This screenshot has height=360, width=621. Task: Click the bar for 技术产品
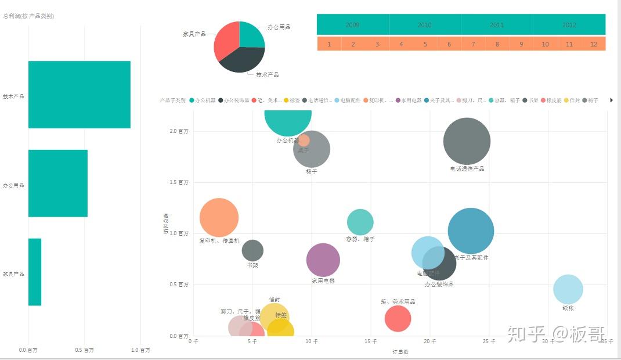click(x=79, y=95)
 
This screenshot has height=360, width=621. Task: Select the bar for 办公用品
click(x=57, y=183)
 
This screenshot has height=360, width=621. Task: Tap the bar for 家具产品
click(x=35, y=272)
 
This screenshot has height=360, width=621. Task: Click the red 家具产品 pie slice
click(x=226, y=41)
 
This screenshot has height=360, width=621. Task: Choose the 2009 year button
click(x=352, y=25)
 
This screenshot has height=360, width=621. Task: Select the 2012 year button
click(x=569, y=25)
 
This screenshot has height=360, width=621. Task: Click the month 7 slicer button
click(x=473, y=44)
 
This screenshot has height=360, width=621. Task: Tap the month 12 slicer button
click(x=593, y=44)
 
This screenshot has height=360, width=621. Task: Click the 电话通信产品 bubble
click(x=467, y=141)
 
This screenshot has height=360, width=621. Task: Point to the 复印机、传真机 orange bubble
click(x=219, y=218)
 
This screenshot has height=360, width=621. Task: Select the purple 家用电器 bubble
click(x=323, y=260)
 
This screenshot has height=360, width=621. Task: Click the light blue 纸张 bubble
click(x=568, y=289)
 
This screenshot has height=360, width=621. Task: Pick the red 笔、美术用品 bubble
click(x=398, y=318)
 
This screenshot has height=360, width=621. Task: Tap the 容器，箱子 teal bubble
click(x=360, y=222)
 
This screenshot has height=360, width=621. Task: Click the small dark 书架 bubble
click(x=252, y=250)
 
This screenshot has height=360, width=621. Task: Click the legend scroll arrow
click(x=612, y=100)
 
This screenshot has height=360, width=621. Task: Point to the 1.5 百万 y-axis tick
click(x=179, y=182)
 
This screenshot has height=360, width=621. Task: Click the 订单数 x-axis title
click(x=400, y=352)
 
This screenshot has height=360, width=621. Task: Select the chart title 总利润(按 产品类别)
click(x=28, y=16)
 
